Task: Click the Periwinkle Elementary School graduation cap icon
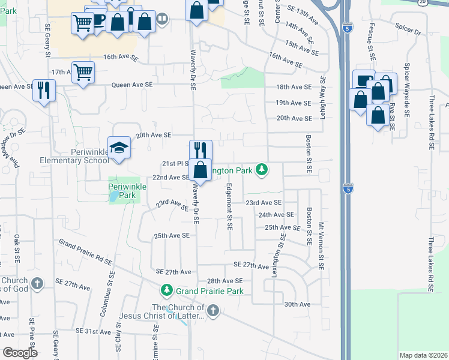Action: click(119, 147)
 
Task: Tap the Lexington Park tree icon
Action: click(261, 170)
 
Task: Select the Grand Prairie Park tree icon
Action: click(167, 291)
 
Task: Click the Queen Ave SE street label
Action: click(132, 85)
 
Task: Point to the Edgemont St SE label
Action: click(229, 206)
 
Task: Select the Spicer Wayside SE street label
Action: click(407, 86)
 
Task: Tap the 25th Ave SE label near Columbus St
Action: click(172, 236)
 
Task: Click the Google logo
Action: click(20, 352)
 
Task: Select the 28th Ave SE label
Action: click(224, 281)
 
